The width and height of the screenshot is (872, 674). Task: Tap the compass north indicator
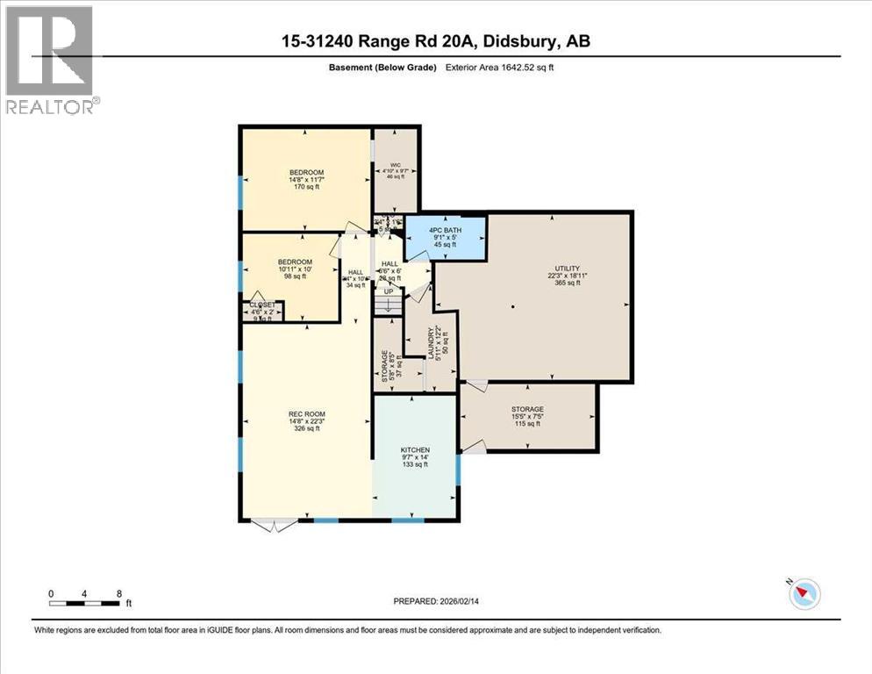(x=804, y=594)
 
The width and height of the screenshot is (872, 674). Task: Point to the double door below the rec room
(x=273, y=526)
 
